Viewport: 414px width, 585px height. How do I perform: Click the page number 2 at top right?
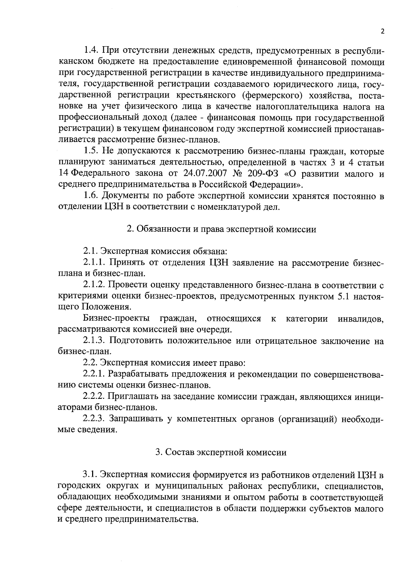pyautogui.click(x=382, y=31)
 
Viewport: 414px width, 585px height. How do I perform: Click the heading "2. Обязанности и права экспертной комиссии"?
pyautogui.click(x=221, y=229)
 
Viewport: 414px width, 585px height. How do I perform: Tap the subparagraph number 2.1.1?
pyautogui.click(x=95, y=262)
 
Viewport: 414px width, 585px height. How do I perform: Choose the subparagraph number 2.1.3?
pyautogui.click(x=95, y=341)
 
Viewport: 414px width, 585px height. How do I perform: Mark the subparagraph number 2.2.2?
pyautogui.click(x=95, y=396)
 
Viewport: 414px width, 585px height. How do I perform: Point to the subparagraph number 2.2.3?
pyautogui.click(x=95, y=419)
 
